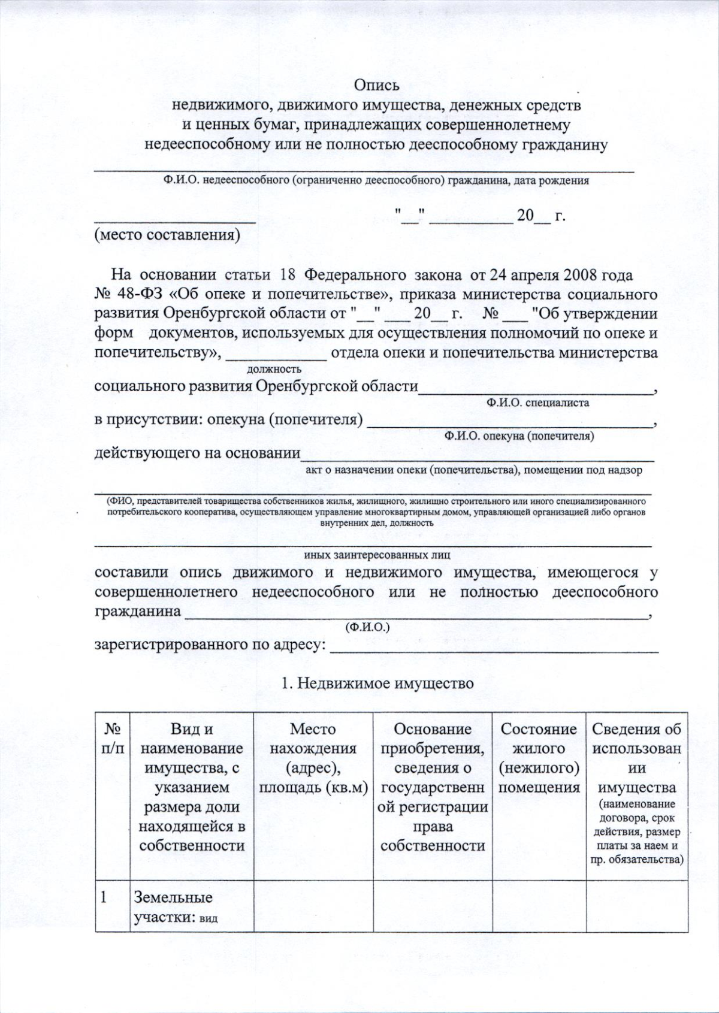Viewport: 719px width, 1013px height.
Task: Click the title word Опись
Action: [376, 86]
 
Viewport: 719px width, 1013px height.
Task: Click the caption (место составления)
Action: [167, 235]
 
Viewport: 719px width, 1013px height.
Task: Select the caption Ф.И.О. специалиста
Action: [537, 403]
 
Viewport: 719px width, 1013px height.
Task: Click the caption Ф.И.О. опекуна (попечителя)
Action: [519, 436]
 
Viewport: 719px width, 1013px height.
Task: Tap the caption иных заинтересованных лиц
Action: [377, 555]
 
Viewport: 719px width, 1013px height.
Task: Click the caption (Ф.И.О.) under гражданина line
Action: [367, 627]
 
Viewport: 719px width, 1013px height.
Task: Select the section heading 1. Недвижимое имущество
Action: [377, 683]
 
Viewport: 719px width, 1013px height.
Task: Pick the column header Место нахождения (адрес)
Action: [313, 758]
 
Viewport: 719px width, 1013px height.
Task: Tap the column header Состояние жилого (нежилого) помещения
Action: [539, 758]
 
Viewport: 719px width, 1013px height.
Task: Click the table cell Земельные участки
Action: [173, 907]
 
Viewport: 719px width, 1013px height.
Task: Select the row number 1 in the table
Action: [104, 897]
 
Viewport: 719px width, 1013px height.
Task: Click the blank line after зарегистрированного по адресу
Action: [494, 647]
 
